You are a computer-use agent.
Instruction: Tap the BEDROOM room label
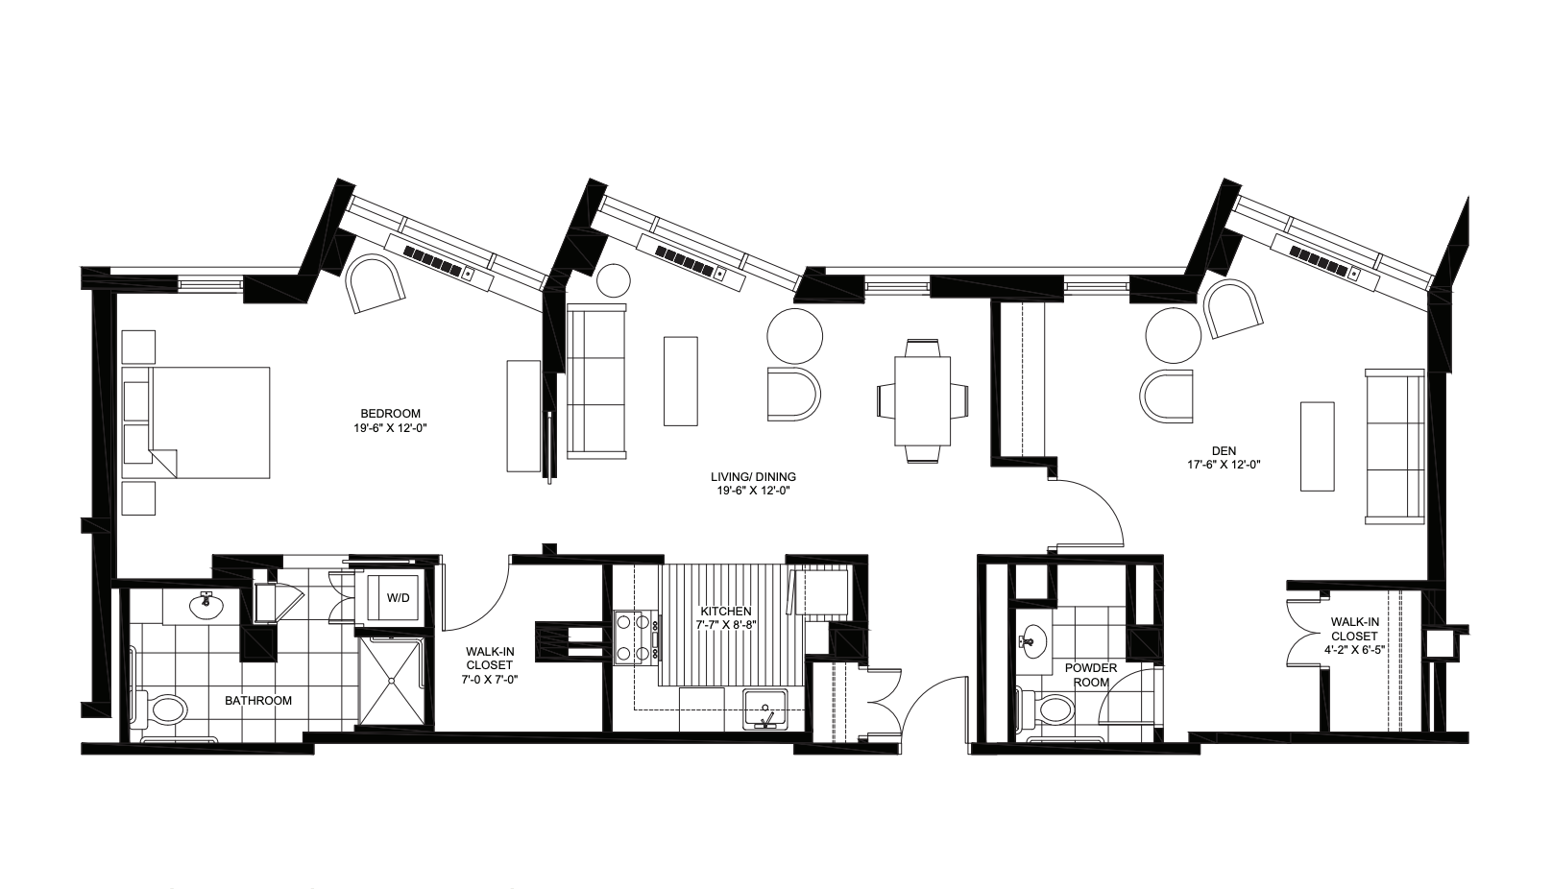(388, 414)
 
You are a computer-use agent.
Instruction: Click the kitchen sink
(765, 711)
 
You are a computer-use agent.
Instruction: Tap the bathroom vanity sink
(205, 605)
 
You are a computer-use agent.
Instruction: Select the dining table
(922, 401)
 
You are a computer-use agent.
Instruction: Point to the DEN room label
(1223, 449)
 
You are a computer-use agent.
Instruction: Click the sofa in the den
(1394, 446)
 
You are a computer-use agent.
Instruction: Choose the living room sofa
(596, 381)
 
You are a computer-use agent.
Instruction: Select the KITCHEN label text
(725, 612)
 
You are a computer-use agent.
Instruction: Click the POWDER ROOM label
(1090, 675)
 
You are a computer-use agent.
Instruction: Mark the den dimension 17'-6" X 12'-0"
(1223, 464)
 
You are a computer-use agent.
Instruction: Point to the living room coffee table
(681, 381)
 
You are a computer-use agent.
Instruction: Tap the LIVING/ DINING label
(753, 476)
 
